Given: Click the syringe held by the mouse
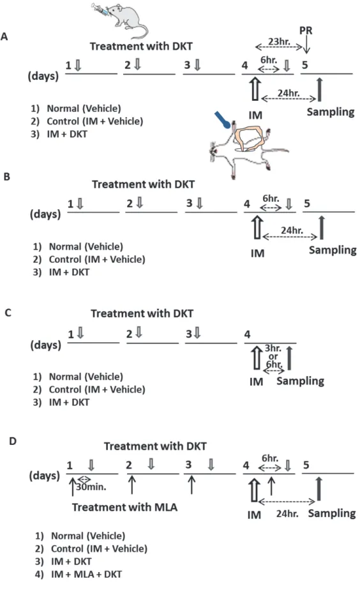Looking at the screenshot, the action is (100, 10).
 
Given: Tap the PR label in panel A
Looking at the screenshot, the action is (306, 31).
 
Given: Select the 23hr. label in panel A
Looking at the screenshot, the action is (279, 41).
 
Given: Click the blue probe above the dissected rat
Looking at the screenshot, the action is (222, 119).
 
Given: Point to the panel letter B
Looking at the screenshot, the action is (6, 176).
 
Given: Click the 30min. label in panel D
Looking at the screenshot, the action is (91, 487).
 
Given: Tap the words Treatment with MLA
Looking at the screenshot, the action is (125, 508).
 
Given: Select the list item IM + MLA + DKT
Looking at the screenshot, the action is (87, 574).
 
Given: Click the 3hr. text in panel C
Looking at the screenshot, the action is (273, 348).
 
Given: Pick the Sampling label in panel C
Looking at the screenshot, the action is (300, 381).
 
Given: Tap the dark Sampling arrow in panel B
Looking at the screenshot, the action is (322, 228).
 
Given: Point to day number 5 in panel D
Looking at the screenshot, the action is (306, 465).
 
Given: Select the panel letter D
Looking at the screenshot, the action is (13, 441).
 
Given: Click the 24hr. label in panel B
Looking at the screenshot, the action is (292, 230).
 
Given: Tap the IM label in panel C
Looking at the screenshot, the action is (257, 382).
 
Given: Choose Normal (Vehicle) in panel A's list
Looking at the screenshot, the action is (84, 109).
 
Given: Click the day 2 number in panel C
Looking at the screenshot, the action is (130, 335).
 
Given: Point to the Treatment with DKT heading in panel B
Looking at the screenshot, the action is (143, 185).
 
